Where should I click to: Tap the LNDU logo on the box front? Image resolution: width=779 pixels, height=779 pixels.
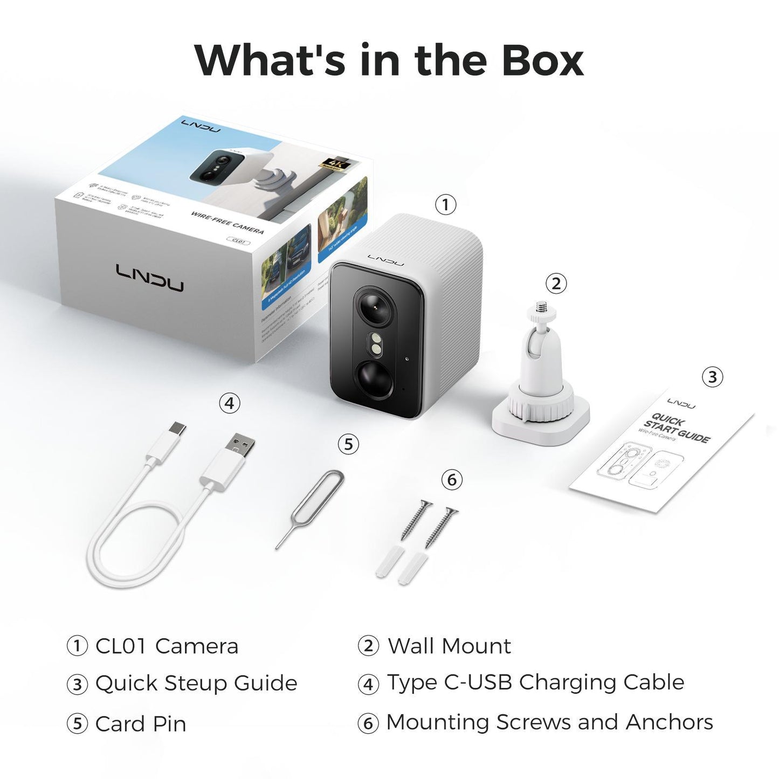click(149, 278)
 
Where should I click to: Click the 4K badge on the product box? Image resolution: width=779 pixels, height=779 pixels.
click(334, 164)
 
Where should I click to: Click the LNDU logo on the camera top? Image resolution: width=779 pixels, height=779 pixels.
click(385, 260)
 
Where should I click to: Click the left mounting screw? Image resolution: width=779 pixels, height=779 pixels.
click(416, 520)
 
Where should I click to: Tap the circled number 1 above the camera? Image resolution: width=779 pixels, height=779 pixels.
click(445, 204)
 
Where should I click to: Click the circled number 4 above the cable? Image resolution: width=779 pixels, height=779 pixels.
click(229, 403)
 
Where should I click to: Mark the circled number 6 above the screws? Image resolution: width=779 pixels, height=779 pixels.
click(452, 479)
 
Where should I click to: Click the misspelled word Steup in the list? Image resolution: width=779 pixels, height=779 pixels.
click(196, 684)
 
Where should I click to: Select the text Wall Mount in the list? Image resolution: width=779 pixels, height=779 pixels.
click(449, 646)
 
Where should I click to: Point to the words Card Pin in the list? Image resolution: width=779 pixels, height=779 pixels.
click(141, 724)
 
